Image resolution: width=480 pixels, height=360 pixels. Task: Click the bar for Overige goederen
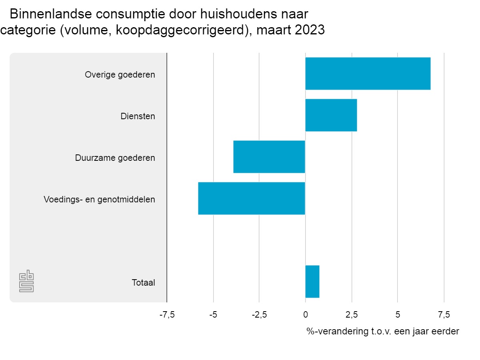point(368,74)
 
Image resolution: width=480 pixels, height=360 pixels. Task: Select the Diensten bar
point(331,115)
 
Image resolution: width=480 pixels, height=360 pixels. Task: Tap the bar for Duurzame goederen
point(269,157)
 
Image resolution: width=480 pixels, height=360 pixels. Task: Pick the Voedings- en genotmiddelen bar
point(252,198)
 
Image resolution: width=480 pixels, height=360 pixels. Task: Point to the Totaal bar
point(312,282)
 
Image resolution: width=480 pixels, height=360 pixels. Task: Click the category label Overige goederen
point(120,74)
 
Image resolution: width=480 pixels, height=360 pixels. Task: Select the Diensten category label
point(138,116)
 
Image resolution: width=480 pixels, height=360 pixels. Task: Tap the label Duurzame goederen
point(115,158)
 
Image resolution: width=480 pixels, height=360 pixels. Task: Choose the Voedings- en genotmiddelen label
point(99,199)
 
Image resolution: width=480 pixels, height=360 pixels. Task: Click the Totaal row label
point(143,282)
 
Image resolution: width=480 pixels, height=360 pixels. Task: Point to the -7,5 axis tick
point(167,315)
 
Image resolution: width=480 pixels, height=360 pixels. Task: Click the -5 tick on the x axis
point(213,315)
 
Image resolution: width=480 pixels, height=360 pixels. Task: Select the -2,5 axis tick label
point(259,315)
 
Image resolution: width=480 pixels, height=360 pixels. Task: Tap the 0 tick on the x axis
point(305,315)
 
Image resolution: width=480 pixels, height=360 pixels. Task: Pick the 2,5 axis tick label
point(352,315)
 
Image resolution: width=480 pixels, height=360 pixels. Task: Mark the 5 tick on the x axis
point(398,315)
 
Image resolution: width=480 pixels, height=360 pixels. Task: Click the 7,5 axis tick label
point(444,315)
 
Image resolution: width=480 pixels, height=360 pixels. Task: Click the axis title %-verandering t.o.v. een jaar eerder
point(383,331)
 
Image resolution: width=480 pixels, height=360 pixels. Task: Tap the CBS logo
point(26,282)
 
